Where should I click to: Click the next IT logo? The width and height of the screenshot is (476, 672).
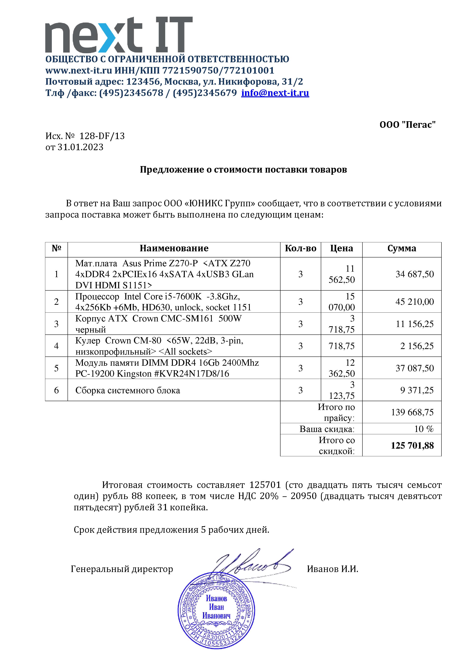[119, 35]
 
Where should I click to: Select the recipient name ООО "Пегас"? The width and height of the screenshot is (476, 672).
[408, 125]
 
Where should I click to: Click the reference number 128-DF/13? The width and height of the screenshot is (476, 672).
[102, 136]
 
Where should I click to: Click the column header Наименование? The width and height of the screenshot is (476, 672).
[174, 248]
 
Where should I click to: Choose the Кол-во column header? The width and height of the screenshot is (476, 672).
[300, 248]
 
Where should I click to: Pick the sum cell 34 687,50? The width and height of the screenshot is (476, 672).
[414, 274]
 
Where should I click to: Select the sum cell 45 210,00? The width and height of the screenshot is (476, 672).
[414, 302]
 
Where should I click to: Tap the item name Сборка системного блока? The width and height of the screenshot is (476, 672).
[128, 390]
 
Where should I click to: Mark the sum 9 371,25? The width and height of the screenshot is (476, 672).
[417, 390]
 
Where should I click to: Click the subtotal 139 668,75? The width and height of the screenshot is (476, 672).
[412, 412]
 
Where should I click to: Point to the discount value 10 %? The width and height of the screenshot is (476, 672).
[424, 429]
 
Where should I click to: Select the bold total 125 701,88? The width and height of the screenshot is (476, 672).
[412, 446]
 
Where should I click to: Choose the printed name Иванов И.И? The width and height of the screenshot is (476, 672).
[332, 569]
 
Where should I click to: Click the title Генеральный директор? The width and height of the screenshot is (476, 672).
[122, 569]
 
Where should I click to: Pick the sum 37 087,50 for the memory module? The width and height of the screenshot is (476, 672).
[414, 368]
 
